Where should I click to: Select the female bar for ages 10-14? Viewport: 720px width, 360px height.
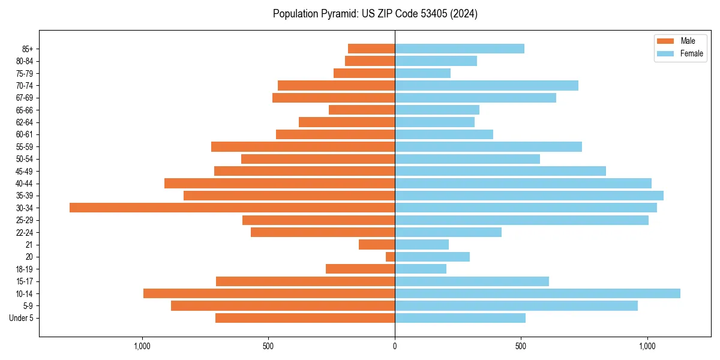tap(537, 293)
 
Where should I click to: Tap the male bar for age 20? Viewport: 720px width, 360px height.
tap(390, 257)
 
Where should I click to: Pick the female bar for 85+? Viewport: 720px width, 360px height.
tap(459, 49)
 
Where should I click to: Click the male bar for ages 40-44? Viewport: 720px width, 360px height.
tap(280, 183)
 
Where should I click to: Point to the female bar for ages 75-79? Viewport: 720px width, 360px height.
tap(422, 73)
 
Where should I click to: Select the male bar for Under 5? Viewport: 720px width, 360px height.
tap(305, 318)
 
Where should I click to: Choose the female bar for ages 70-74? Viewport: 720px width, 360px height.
tap(486, 85)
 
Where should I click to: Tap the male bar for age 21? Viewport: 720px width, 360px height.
tap(377, 244)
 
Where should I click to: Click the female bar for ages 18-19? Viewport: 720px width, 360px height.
tap(420, 269)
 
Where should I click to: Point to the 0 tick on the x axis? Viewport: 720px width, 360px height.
tap(395, 346)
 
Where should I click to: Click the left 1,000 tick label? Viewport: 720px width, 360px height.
tap(142, 346)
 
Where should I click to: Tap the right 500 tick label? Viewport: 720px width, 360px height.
tap(521, 346)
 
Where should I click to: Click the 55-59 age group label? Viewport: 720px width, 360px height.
tap(24, 146)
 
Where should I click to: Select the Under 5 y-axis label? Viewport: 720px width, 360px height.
tap(21, 318)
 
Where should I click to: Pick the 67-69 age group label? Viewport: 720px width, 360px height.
tap(24, 98)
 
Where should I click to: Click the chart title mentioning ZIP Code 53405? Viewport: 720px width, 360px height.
tap(375, 14)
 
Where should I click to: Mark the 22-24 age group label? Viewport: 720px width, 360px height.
tap(24, 232)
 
